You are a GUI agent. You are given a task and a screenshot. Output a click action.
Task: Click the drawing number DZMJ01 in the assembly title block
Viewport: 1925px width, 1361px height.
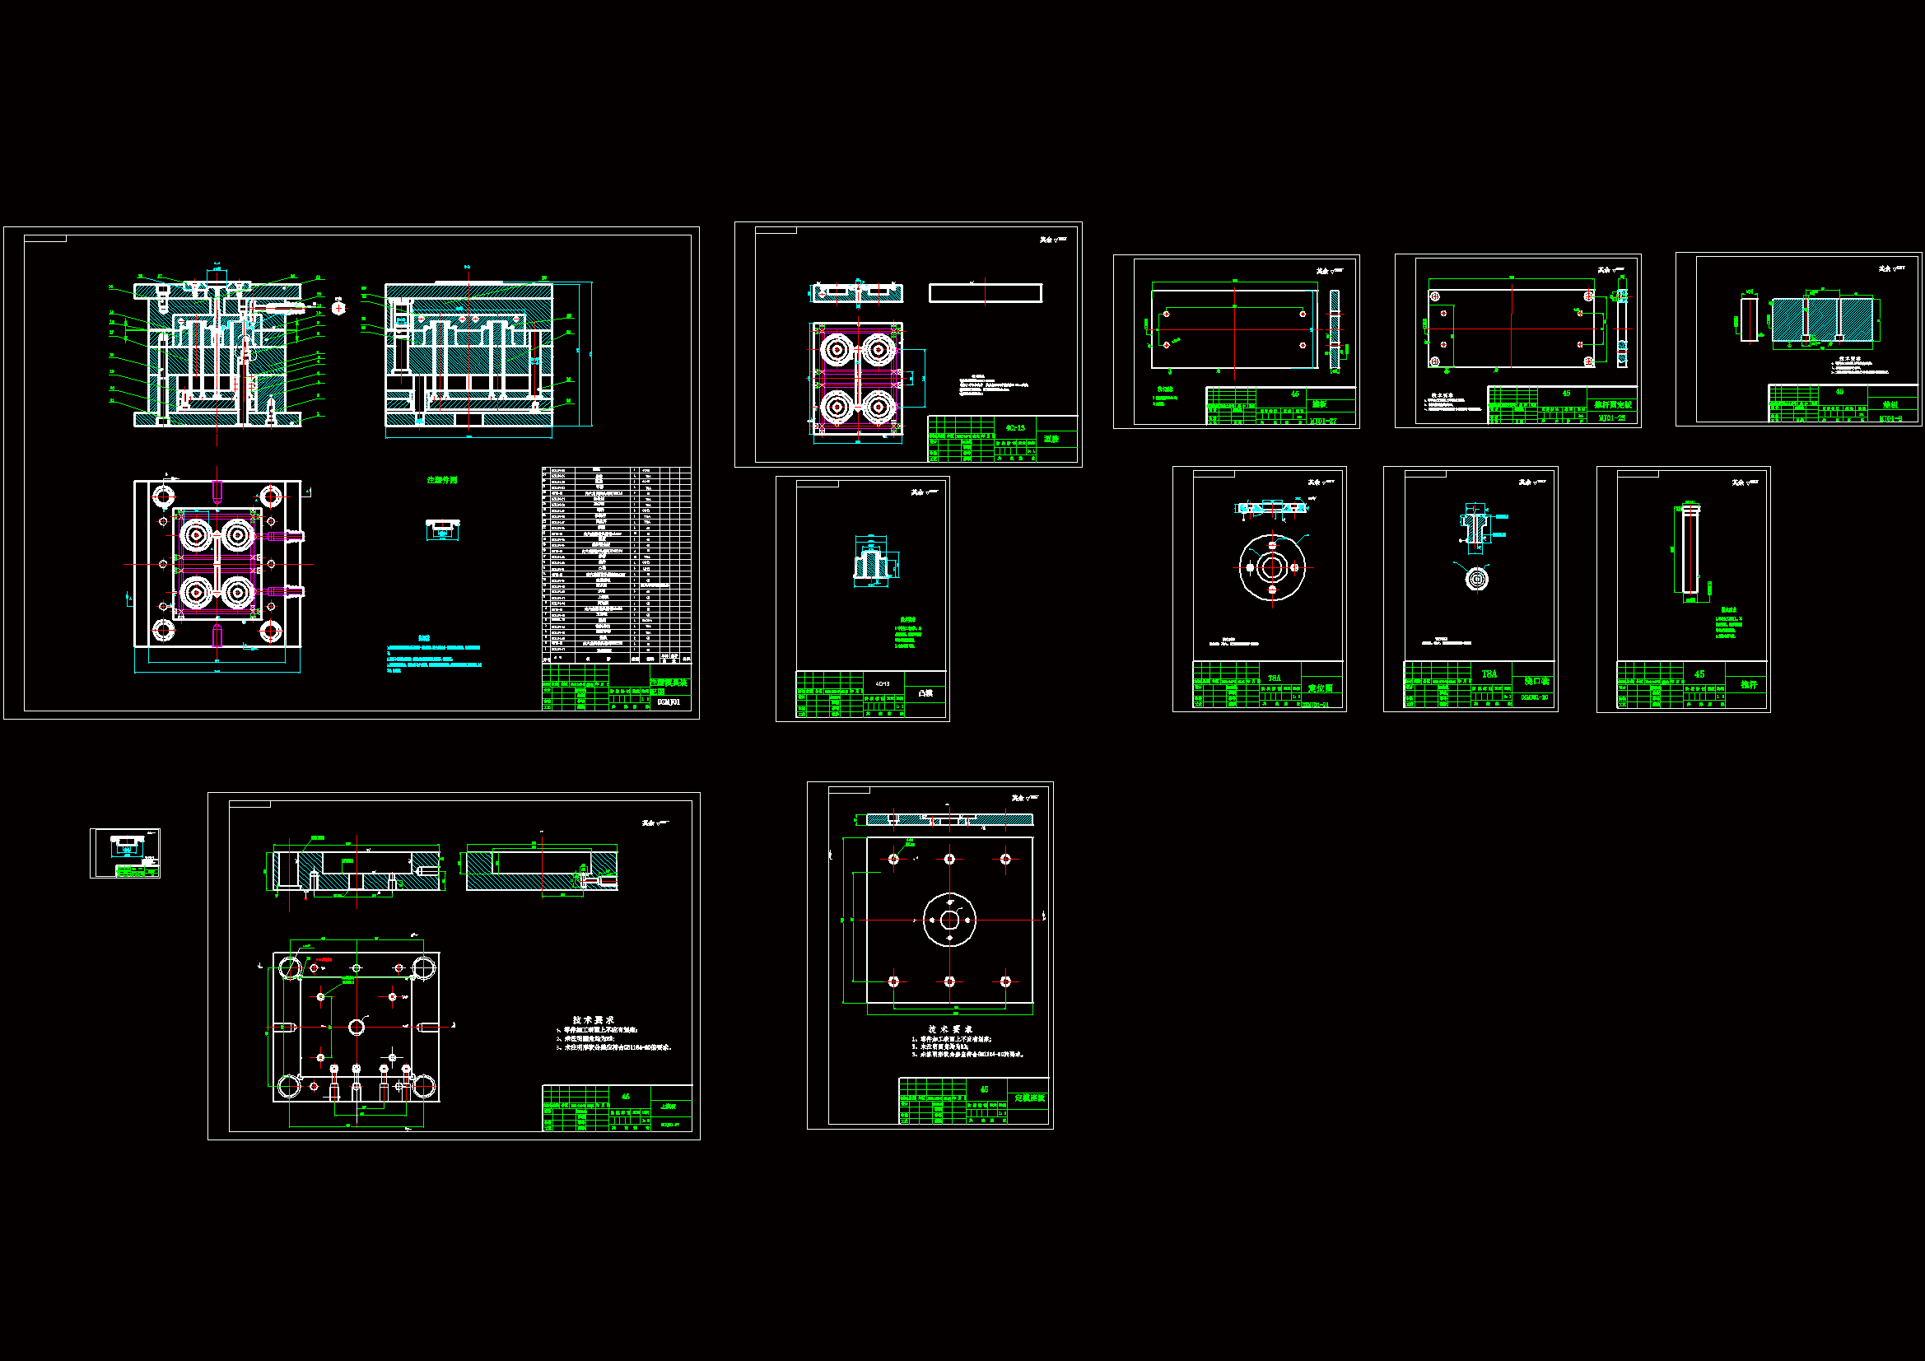click(x=669, y=701)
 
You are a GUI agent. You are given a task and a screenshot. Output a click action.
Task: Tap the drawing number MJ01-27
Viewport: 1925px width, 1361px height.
click(x=1323, y=421)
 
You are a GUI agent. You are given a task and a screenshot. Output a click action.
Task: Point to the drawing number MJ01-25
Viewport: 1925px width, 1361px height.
click(x=1611, y=417)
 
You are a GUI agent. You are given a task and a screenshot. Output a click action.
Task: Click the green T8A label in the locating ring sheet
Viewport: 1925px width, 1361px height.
click(x=1275, y=678)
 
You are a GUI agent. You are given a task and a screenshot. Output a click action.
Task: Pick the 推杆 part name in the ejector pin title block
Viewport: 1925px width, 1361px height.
click(x=1748, y=684)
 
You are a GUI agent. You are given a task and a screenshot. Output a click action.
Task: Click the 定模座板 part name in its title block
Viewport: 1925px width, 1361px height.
click(x=1028, y=1098)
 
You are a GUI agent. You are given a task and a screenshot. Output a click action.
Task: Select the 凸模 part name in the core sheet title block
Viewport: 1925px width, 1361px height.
click(x=925, y=692)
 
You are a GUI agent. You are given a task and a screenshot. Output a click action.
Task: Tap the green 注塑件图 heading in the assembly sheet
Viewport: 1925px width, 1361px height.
click(x=442, y=480)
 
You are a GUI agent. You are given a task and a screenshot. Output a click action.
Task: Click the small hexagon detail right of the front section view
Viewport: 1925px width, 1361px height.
click(x=338, y=308)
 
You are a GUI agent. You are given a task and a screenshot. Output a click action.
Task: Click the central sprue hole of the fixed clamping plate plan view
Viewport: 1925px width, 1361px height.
click(x=949, y=920)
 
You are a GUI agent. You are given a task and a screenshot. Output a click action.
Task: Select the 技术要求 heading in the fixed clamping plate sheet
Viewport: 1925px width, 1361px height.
click(x=949, y=1029)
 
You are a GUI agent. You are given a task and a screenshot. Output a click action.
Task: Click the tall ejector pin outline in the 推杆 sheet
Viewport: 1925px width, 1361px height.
click(x=1690, y=549)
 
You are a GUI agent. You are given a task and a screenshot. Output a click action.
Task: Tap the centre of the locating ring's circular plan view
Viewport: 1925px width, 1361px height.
click(x=1272, y=568)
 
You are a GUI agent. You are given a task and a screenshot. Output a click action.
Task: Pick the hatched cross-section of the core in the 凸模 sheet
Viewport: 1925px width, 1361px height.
click(x=871, y=562)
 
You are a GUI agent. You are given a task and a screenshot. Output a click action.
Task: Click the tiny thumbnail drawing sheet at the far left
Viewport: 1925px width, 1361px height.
click(x=125, y=853)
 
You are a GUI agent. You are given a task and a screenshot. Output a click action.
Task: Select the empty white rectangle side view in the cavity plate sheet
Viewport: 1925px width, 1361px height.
click(x=985, y=292)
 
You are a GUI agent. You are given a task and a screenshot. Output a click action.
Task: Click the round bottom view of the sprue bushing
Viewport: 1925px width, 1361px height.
click(x=1476, y=578)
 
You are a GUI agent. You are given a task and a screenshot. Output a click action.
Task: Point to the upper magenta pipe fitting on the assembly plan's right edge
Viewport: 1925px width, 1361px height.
click(x=285, y=535)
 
